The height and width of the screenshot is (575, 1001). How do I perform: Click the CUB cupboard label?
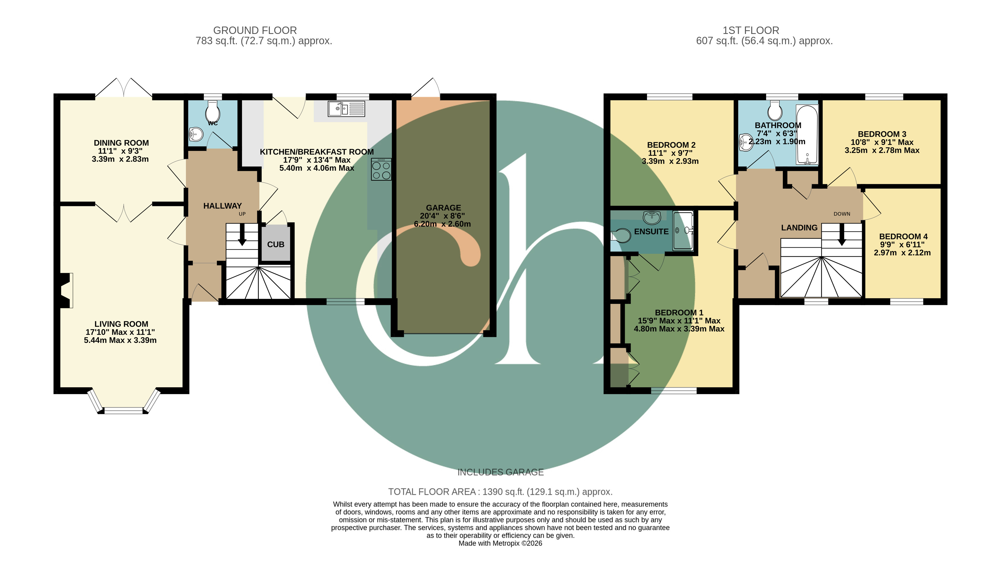275,245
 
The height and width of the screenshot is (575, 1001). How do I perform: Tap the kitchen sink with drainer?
346,109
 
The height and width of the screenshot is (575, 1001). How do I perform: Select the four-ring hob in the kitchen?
381,170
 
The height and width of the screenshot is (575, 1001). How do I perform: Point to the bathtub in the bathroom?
807,135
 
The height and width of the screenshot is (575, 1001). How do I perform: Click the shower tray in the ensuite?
683,231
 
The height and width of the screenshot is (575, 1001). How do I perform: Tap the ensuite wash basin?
652,217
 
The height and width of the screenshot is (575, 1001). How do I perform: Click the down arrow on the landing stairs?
842,235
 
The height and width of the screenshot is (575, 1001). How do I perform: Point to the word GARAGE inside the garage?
443,208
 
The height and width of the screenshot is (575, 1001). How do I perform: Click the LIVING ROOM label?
121,324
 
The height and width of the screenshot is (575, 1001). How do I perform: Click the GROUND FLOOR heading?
255,31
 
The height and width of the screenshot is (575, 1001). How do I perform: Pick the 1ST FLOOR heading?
751,31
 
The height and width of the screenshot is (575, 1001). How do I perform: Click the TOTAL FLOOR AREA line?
500,492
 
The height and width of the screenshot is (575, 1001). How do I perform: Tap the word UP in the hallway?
242,214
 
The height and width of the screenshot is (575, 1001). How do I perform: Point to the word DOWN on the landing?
842,214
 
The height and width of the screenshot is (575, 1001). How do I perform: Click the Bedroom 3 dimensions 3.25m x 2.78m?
882,150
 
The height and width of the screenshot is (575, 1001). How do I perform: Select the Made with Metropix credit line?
500,543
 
